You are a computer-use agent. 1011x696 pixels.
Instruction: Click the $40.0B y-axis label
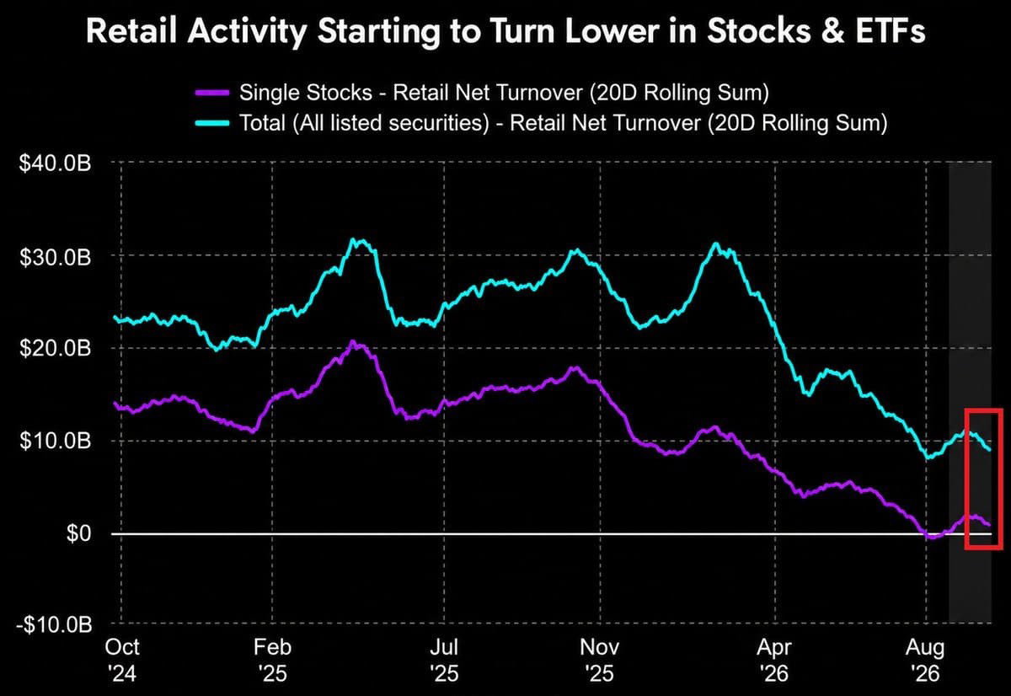click(56, 163)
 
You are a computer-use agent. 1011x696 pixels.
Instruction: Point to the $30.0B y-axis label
click(56, 257)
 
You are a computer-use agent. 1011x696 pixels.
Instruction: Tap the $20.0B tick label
click(56, 349)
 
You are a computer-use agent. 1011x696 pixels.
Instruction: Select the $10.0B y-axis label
click(56, 441)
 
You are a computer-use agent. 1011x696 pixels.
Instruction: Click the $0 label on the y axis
click(78, 533)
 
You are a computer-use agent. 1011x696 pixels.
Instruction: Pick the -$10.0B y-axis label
click(54, 625)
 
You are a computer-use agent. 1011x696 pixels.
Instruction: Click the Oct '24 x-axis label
click(122, 661)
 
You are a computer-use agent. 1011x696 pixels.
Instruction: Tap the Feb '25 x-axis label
click(273, 661)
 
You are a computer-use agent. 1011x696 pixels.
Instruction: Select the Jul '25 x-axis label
click(444, 661)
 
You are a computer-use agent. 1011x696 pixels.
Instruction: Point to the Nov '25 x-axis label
click(600, 661)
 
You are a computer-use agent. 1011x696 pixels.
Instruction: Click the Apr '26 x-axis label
click(774, 661)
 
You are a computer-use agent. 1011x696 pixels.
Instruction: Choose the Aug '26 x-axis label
click(925, 661)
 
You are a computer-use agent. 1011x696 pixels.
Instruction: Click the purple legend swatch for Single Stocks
click(212, 93)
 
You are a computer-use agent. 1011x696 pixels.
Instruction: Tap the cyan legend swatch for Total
click(212, 123)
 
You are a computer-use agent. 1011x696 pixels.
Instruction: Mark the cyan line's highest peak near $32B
click(353, 239)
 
